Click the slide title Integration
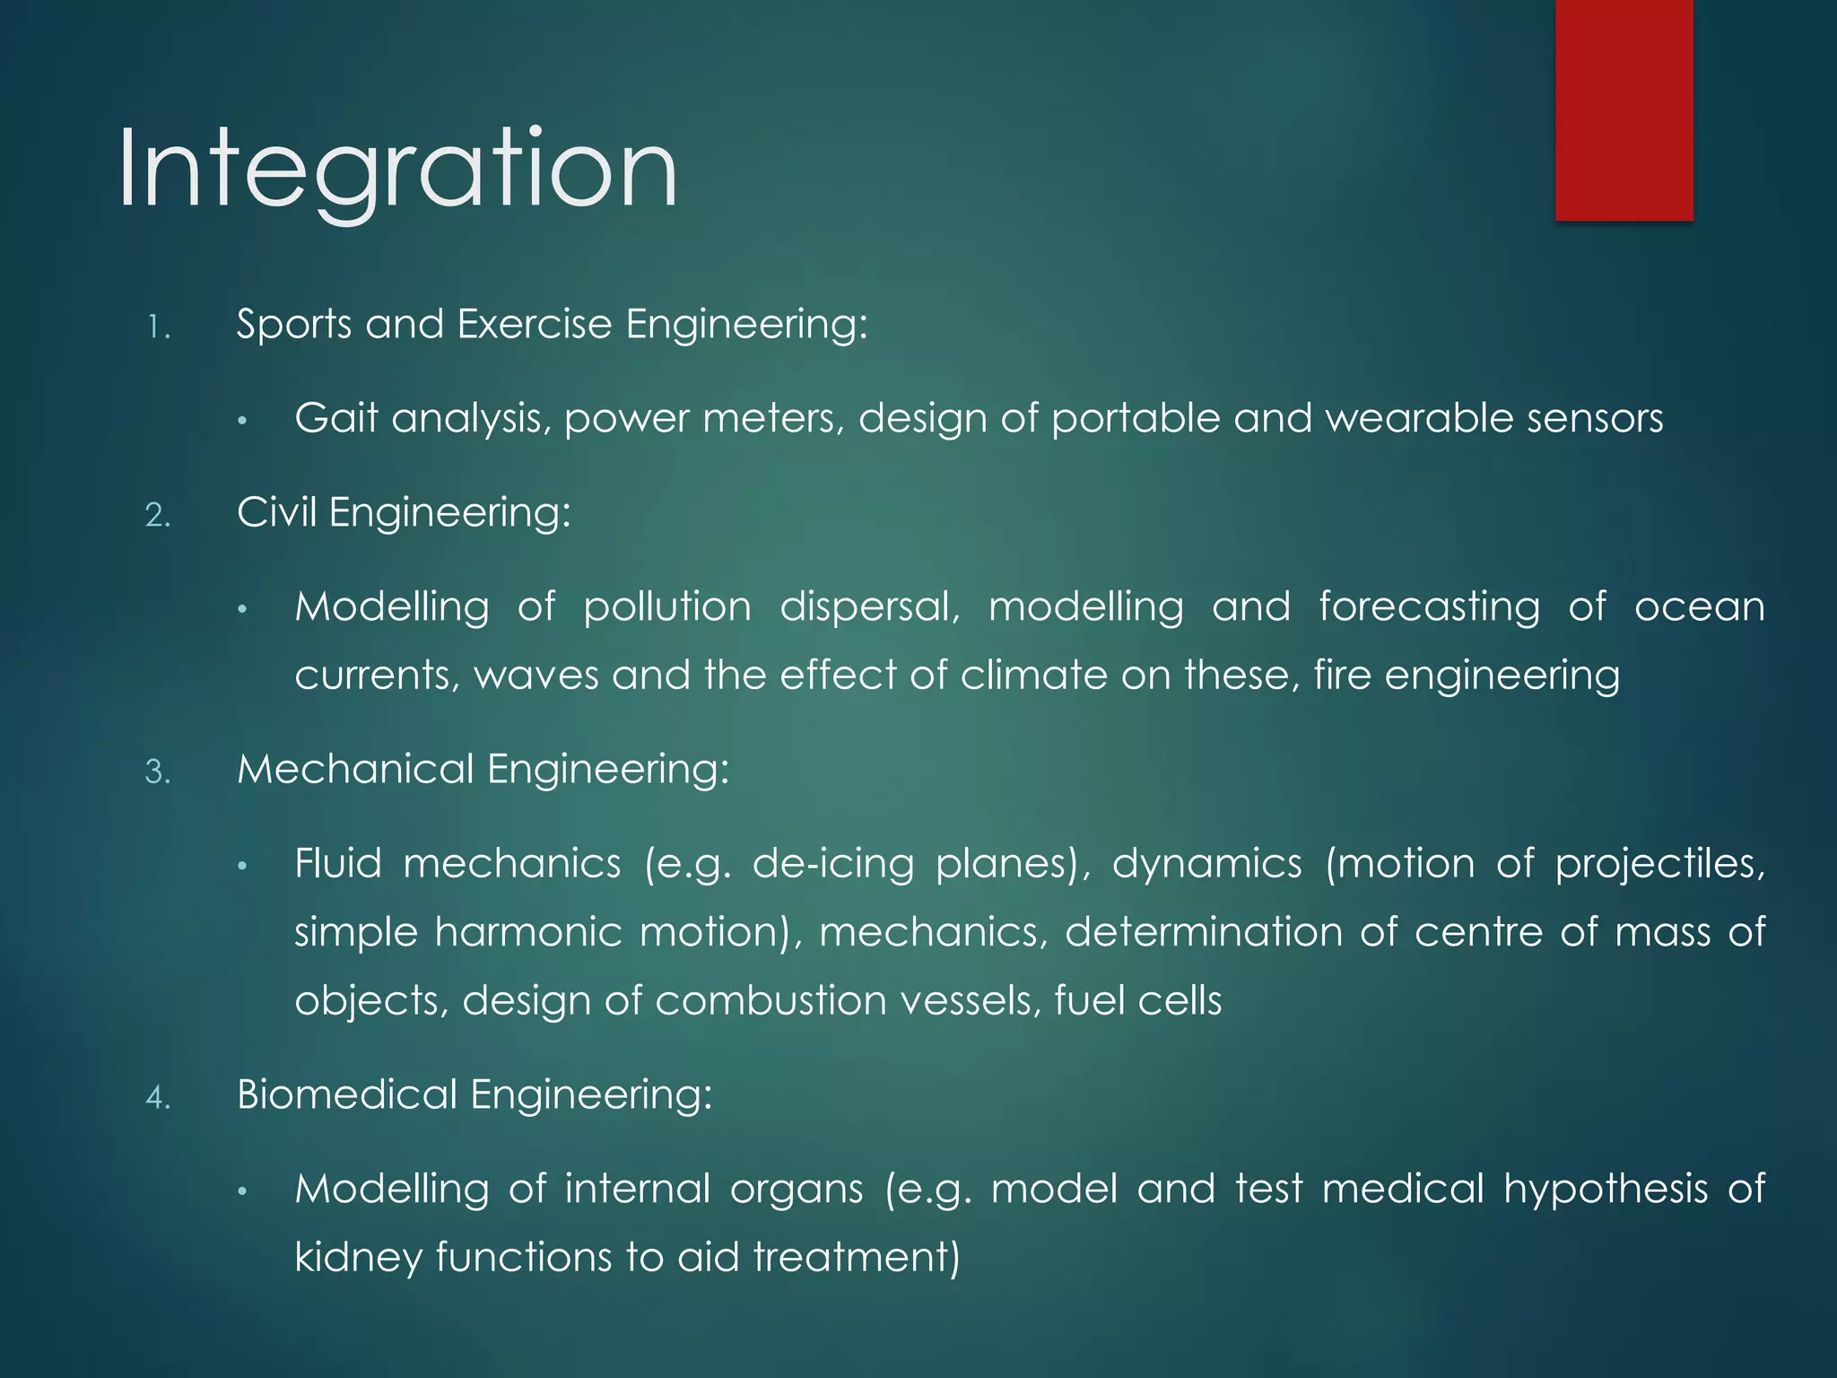397,170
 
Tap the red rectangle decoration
1624,109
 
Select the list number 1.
157,327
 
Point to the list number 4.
157,1097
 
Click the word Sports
293,324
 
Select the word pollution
667,607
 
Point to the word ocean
1699,607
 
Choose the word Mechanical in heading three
355,770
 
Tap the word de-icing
832,864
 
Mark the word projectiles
1659,864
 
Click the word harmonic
528,932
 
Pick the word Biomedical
347,1095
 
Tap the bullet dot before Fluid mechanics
241,867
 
